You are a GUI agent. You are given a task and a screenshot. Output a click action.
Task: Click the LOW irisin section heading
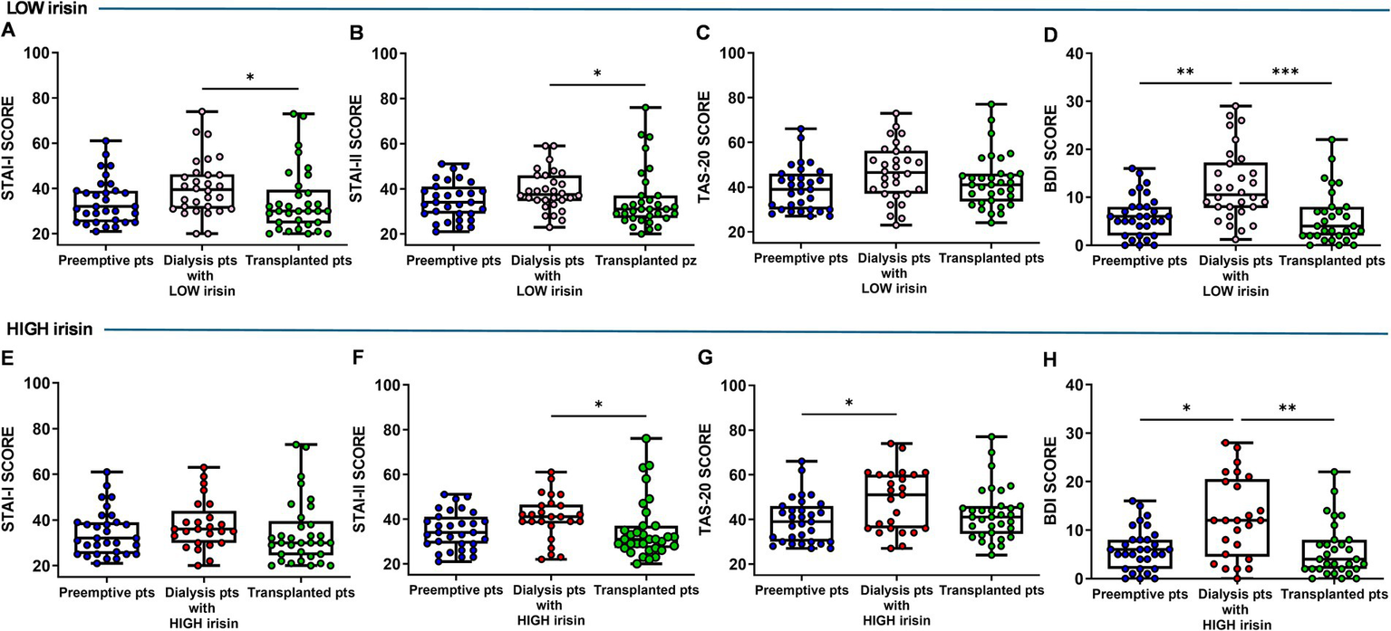click(x=43, y=8)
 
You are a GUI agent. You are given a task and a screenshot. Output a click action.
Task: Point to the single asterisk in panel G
click(x=848, y=399)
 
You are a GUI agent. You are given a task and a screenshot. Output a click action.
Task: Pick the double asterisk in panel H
click(x=1285, y=407)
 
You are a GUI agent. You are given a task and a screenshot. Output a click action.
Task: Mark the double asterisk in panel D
click(x=1187, y=71)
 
